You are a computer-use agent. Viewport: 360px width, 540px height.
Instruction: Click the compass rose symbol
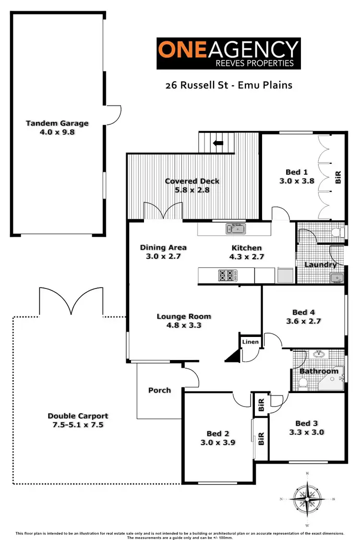[x=307, y=499]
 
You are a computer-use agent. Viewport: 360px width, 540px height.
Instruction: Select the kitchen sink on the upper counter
[x=236, y=229]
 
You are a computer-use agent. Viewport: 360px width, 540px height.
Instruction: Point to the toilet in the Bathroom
[x=303, y=383]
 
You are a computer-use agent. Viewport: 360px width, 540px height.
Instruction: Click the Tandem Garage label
[x=57, y=123]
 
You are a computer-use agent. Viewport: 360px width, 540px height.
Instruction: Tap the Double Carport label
[x=78, y=416]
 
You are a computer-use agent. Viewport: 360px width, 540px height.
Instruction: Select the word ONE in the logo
[x=181, y=49]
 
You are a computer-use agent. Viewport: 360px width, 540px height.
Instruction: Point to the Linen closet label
[x=250, y=342]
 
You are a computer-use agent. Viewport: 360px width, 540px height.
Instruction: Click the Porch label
[x=159, y=390]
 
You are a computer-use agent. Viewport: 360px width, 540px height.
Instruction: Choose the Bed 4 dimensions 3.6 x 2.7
[x=303, y=321]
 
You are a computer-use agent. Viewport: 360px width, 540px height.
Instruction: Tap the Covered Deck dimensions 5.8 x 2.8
[x=192, y=189]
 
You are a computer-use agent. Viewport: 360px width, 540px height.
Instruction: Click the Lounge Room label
[x=184, y=316]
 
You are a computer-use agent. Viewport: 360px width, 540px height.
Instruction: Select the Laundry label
[x=320, y=264]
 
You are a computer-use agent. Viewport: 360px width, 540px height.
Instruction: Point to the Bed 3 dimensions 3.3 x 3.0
[x=306, y=432]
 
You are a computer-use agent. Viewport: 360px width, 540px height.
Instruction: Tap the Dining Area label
[x=163, y=248]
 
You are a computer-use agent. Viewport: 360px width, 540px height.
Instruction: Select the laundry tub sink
[x=336, y=278]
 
